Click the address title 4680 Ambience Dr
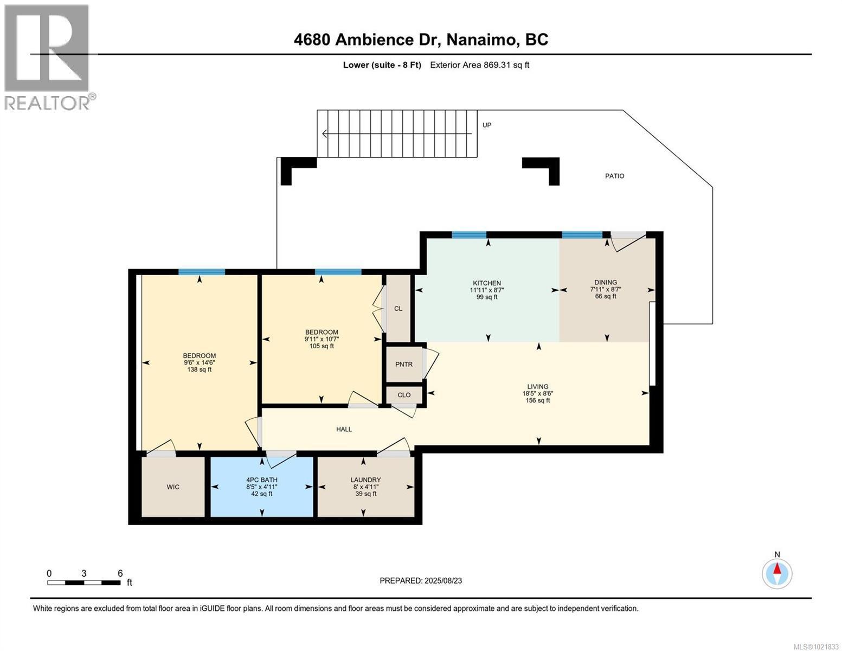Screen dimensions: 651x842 pos(421,40)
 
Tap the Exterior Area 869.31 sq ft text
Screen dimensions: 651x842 pos(479,65)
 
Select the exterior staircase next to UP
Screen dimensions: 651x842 pos(397,133)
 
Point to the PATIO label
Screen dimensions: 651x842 pos(614,176)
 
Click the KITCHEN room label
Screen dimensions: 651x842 pos(486,283)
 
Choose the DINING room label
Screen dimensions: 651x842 pos(605,282)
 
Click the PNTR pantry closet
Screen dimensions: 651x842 pos(403,365)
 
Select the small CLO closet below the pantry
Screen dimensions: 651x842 pos(404,395)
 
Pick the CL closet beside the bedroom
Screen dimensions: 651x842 pos(398,308)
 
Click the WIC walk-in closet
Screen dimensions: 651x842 pos(173,487)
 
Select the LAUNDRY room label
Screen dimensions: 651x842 pos(365,480)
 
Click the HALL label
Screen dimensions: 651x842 pos(344,429)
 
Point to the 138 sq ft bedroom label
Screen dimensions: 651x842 pos(199,362)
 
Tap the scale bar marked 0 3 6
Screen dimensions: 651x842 pos(84,583)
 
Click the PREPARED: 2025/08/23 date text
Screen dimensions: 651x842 pos(421,580)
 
